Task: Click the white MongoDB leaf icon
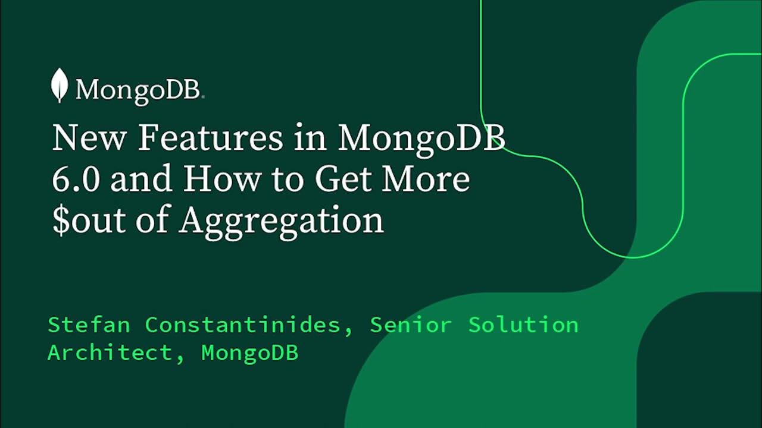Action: (59, 85)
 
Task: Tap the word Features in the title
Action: (211, 139)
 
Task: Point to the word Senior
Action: (410, 325)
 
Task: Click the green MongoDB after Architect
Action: (250, 353)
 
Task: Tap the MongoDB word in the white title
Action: (422, 139)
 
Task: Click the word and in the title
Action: (141, 180)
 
